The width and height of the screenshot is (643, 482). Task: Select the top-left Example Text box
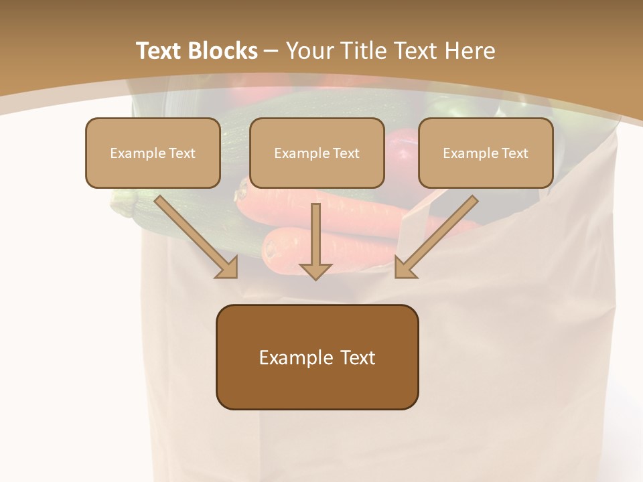click(x=153, y=153)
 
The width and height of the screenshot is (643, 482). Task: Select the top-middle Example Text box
click(x=317, y=153)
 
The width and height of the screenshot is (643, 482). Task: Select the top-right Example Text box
click(x=486, y=153)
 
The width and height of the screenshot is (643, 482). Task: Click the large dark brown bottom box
click(x=317, y=357)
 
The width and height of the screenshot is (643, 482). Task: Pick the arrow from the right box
click(x=439, y=234)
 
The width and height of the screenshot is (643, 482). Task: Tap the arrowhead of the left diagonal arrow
click(x=228, y=268)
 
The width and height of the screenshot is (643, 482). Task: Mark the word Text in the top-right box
click(x=514, y=153)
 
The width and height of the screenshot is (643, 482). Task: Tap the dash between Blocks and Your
click(x=271, y=52)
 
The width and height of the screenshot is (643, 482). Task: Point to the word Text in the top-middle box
click(x=346, y=153)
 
